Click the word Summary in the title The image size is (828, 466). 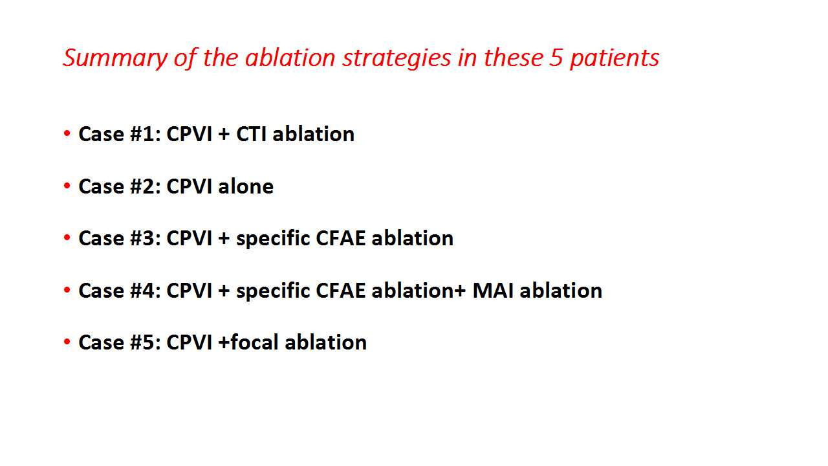click(115, 58)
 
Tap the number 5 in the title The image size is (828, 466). click(556, 58)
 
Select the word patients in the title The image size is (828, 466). click(615, 58)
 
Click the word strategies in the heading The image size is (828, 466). click(397, 58)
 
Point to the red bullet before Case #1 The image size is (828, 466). click(67, 133)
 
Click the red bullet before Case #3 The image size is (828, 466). click(67, 237)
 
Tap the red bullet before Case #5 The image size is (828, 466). click(67, 341)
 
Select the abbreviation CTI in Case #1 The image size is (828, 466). click(251, 134)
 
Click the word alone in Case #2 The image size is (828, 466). click(246, 186)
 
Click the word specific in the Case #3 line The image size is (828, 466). click(273, 239)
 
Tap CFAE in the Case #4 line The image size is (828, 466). click(340, 291)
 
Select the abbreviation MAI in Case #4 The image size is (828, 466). click(493, 291)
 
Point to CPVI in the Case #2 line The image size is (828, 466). click(190, 186)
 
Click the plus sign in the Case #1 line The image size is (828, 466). click(224, 134)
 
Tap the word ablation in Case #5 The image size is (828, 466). click(325, 342)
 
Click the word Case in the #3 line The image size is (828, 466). click(101, 238)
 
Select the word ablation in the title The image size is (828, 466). click(290, 58)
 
